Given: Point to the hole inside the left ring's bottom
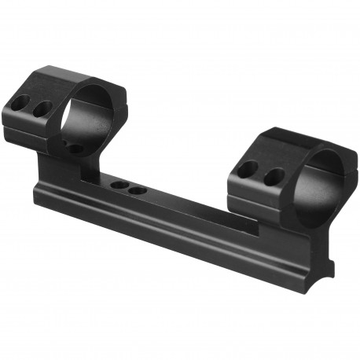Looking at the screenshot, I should (x=75, y=148).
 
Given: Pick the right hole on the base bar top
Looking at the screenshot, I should (x=138, y=189).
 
